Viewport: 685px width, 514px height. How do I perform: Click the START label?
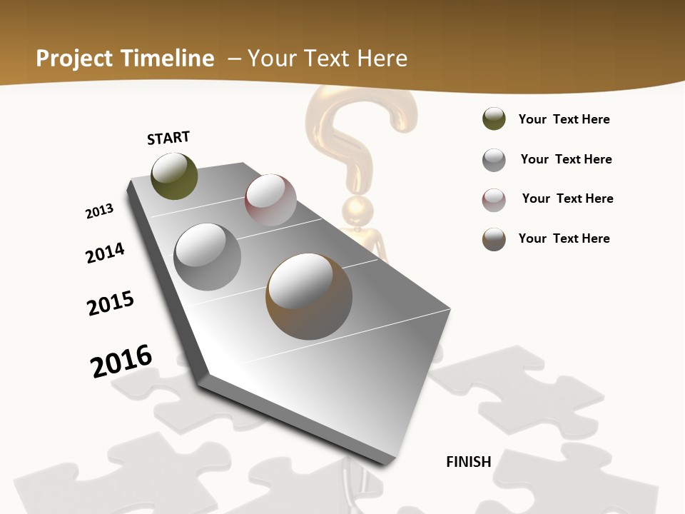[x=168, y=138]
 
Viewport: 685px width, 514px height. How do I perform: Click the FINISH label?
[x=469, y=462]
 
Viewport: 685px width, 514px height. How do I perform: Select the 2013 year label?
[x=99, y=211]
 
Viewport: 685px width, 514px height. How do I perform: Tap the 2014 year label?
[x=105, y=253]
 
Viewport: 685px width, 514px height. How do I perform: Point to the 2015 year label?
[x=111, y=303]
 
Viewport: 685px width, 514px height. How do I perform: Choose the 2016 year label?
[x=121, y=361]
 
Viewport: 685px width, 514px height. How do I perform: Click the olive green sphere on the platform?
[x=174, y=176]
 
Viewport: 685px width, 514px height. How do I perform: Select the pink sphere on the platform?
[x=270, y=199]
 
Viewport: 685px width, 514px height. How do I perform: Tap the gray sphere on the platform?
[x=208, y=256]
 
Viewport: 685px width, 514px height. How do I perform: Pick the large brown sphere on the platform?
[x=309, y=296]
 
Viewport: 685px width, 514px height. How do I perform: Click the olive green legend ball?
[x=494, y=119]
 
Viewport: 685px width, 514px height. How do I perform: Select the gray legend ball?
[x=494, y=160]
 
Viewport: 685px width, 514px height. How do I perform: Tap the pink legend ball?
[x=494, y=200]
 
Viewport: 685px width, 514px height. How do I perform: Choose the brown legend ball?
[x=494, y=239]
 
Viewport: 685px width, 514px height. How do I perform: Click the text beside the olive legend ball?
[x=564, y=119]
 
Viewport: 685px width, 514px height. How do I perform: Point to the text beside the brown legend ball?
[x=564, y=238]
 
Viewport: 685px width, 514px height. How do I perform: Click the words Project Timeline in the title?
[x=125, y=59]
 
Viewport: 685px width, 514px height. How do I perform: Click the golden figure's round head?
[x=357, y=211]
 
